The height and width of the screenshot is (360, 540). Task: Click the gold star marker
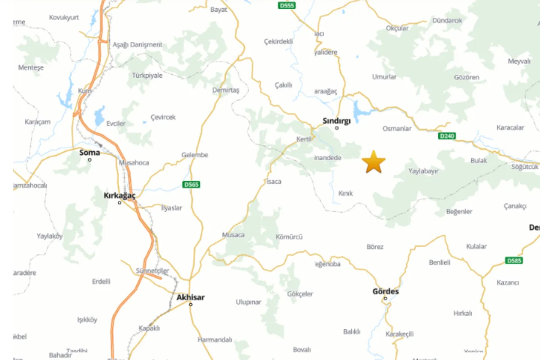pyautogui.click(x=374, y=162)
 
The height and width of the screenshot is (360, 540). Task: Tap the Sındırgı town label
pyautogui.click(x=337, y=121)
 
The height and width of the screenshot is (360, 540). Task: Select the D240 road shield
pyautogui.click(x=447, y=136)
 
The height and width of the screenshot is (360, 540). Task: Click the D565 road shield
pyautogui.click(x=192, y=185)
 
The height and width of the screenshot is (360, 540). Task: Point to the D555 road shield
pyautogui.click(x=287, y=5)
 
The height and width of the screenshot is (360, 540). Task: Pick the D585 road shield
pyautogui.click(x=514, y=261)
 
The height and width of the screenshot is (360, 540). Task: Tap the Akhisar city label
pyautogui.click(x=191, y=297)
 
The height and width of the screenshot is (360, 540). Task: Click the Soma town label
pyautogui.click(x=90, y=153)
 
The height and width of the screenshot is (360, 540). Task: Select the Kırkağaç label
pyautogui.click(x=120, y=196)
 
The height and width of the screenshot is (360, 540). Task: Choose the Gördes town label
pyautogui.click(x=386, y=291)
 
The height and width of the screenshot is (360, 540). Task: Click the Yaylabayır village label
pyautogui.click(x=424, y=171)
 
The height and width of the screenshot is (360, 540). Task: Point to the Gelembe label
pyautogui.click(x=195, y=155)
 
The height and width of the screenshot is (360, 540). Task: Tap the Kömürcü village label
pyautogui.click(x=289, y=237)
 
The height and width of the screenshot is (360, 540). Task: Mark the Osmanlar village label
pyautogui.click(x=397, y=129)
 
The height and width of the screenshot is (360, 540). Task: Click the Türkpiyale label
pyautogui.click(x=147, y=75)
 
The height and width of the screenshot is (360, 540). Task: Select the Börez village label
pyautogui.click(x=375, y=247)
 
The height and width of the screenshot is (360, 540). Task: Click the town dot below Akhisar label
pyautogui.click(x=191, y=304)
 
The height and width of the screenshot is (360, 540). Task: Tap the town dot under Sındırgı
pyautogui.click(x=337, y=128)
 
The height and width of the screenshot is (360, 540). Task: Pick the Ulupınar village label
pyautogui.click(x=248, y=302)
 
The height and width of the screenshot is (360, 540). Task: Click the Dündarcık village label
pyautogui.click(x=448, y=20)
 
